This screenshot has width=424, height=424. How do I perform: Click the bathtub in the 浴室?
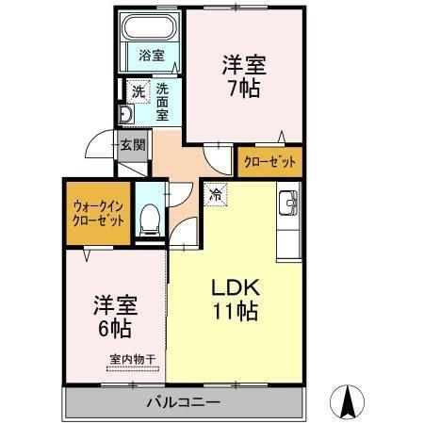tap(149, 26)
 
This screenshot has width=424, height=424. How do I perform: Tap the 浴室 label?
tap(152, 56)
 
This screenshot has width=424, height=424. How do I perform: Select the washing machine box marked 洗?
tap(139, 91)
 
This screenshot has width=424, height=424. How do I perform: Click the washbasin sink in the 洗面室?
tap(126, 114)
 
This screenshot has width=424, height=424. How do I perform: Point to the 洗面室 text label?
tap(162, 103)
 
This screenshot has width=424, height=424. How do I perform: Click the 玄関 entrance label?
tap(133, 145)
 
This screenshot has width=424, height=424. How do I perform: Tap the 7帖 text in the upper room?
tap(244, 89)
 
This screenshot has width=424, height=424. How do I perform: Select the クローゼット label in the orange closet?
tap(269, 162)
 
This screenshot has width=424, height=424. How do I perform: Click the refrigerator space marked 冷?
tap(215, 195)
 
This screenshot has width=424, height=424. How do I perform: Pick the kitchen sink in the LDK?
tap(288, 203)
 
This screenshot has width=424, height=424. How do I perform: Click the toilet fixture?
tap(150, 220)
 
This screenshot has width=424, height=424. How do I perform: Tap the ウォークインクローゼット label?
tap(98, 214)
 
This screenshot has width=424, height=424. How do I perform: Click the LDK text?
tap(236, 287)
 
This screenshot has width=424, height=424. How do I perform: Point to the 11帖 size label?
tap(236, 311)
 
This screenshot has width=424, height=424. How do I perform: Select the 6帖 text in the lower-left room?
tap(115, 329)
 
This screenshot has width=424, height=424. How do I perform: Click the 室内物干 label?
tap(133, 359)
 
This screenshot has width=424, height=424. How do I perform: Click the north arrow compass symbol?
tap(348, 401)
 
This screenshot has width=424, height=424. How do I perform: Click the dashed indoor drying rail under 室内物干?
tap(133, 368)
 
